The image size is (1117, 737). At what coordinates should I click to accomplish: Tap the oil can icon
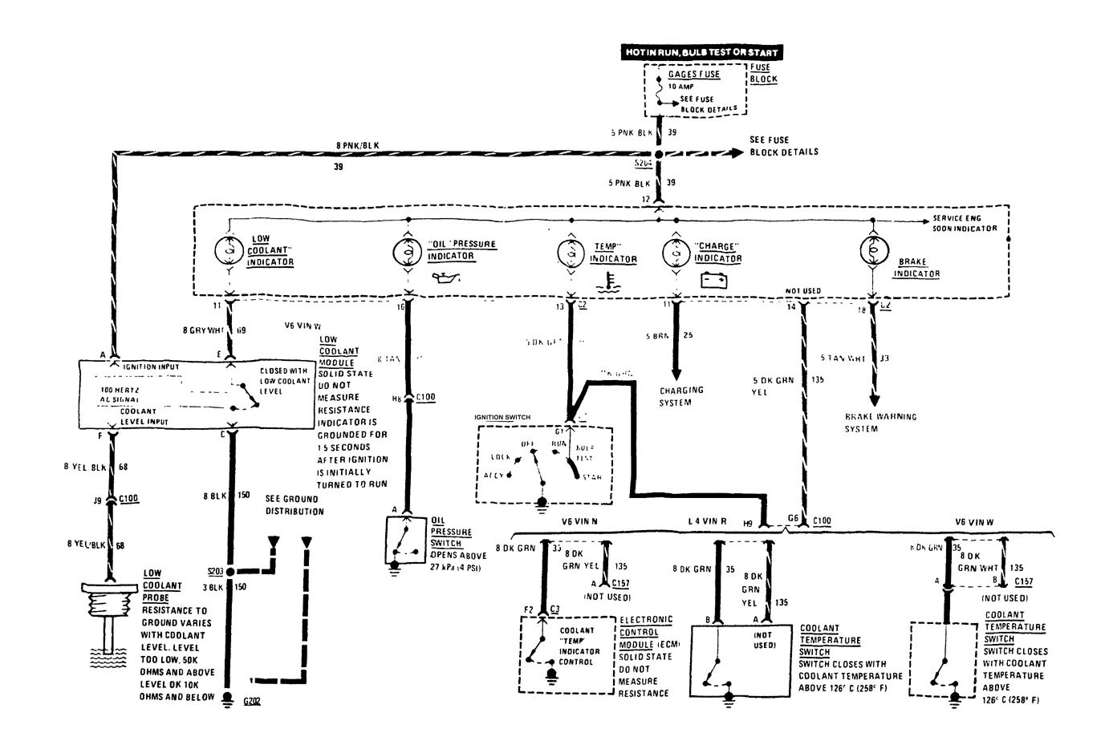(x=445, y=278)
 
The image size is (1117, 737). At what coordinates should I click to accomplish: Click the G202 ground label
(x=252, y=700)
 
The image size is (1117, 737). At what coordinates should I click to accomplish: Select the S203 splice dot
(x=229, y=572)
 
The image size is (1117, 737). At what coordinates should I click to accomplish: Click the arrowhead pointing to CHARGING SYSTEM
(x=675, y=375)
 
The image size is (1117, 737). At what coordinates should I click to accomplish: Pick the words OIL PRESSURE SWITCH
(x=452, y=532)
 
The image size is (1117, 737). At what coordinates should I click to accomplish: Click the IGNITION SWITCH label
(x=502, y=418)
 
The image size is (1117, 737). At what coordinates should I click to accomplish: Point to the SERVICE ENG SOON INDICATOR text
(x=964, y=223)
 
